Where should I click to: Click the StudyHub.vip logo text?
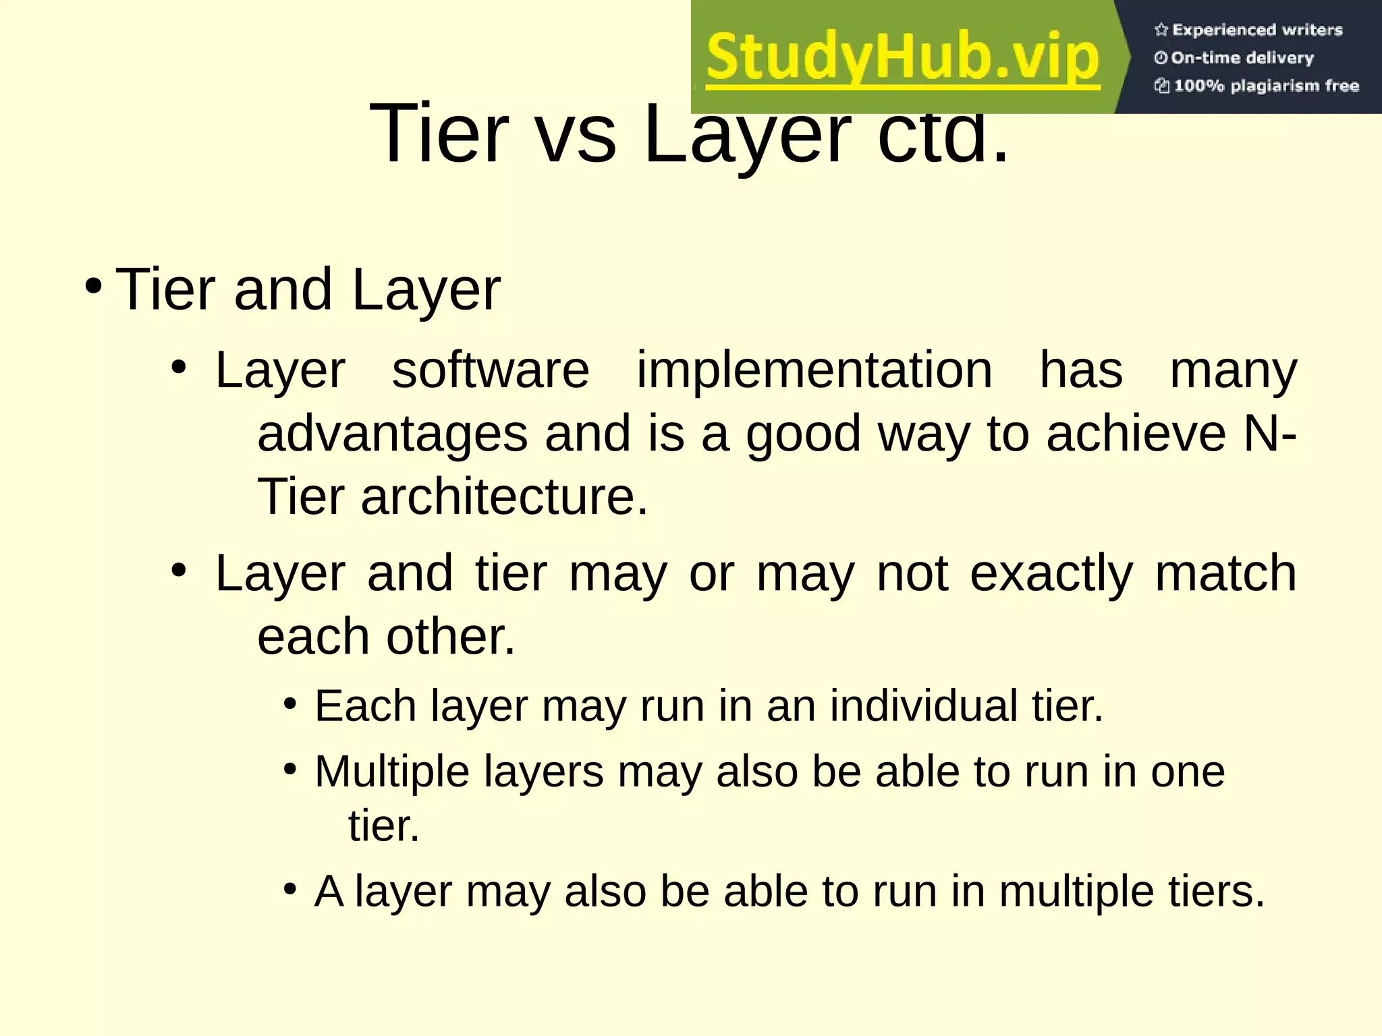coord(903,58)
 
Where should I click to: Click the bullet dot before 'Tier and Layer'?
coord(94,286)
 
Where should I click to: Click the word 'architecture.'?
coord(504,496)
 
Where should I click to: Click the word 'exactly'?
coord(1051,573)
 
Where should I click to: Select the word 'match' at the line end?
coord(1225,573)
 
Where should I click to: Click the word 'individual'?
coord(922,706)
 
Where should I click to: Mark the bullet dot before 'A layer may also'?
coord(290,889)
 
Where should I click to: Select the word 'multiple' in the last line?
coord(1076,892)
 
